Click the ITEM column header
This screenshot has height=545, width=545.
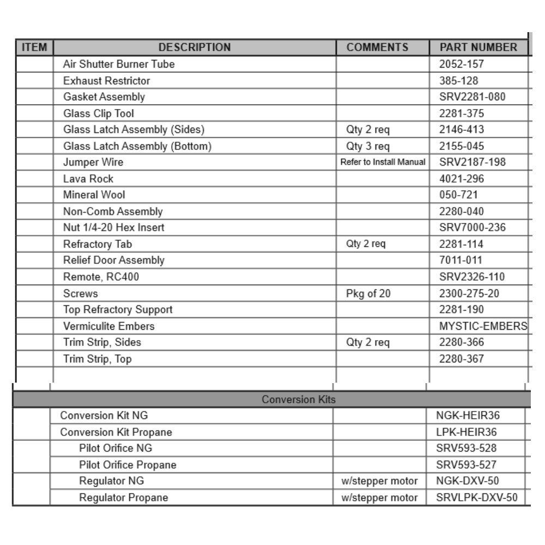click(x=34, y=47)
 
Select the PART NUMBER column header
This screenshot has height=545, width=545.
click(x=478, y=47)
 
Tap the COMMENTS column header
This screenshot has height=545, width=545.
click(x=377, y=47)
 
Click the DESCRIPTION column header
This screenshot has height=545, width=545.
click(x=195, y=47)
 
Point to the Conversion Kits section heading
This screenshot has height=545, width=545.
click(x=298, y=399)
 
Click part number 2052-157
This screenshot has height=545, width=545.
click(x=461, y=64)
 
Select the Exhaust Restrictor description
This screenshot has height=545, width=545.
click(x=106, y=81)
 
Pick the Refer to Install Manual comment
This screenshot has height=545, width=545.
click(x=383, y=162)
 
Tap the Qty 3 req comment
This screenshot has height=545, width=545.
click(x=367, y=146)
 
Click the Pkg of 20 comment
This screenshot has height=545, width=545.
click(x=368, y=293)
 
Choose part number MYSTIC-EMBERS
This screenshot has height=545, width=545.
click(x=483, y=326)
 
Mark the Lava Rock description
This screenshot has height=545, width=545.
click(x=88, y=179)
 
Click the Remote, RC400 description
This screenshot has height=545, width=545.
click(x=101, y=277)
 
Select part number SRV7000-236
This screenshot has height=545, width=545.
click(x=472, y=228)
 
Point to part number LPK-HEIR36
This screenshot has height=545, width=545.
click(x=467, y=432)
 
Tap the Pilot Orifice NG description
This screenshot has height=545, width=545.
click(x=116, y=449)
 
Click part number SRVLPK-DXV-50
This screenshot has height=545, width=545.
click(x=476, y=498)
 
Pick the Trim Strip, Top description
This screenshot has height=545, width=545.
click(x=97, y=359)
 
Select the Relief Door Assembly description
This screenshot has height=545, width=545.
click(x=113, y=261)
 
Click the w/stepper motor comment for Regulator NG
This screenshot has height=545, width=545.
click(x=379, y=481)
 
